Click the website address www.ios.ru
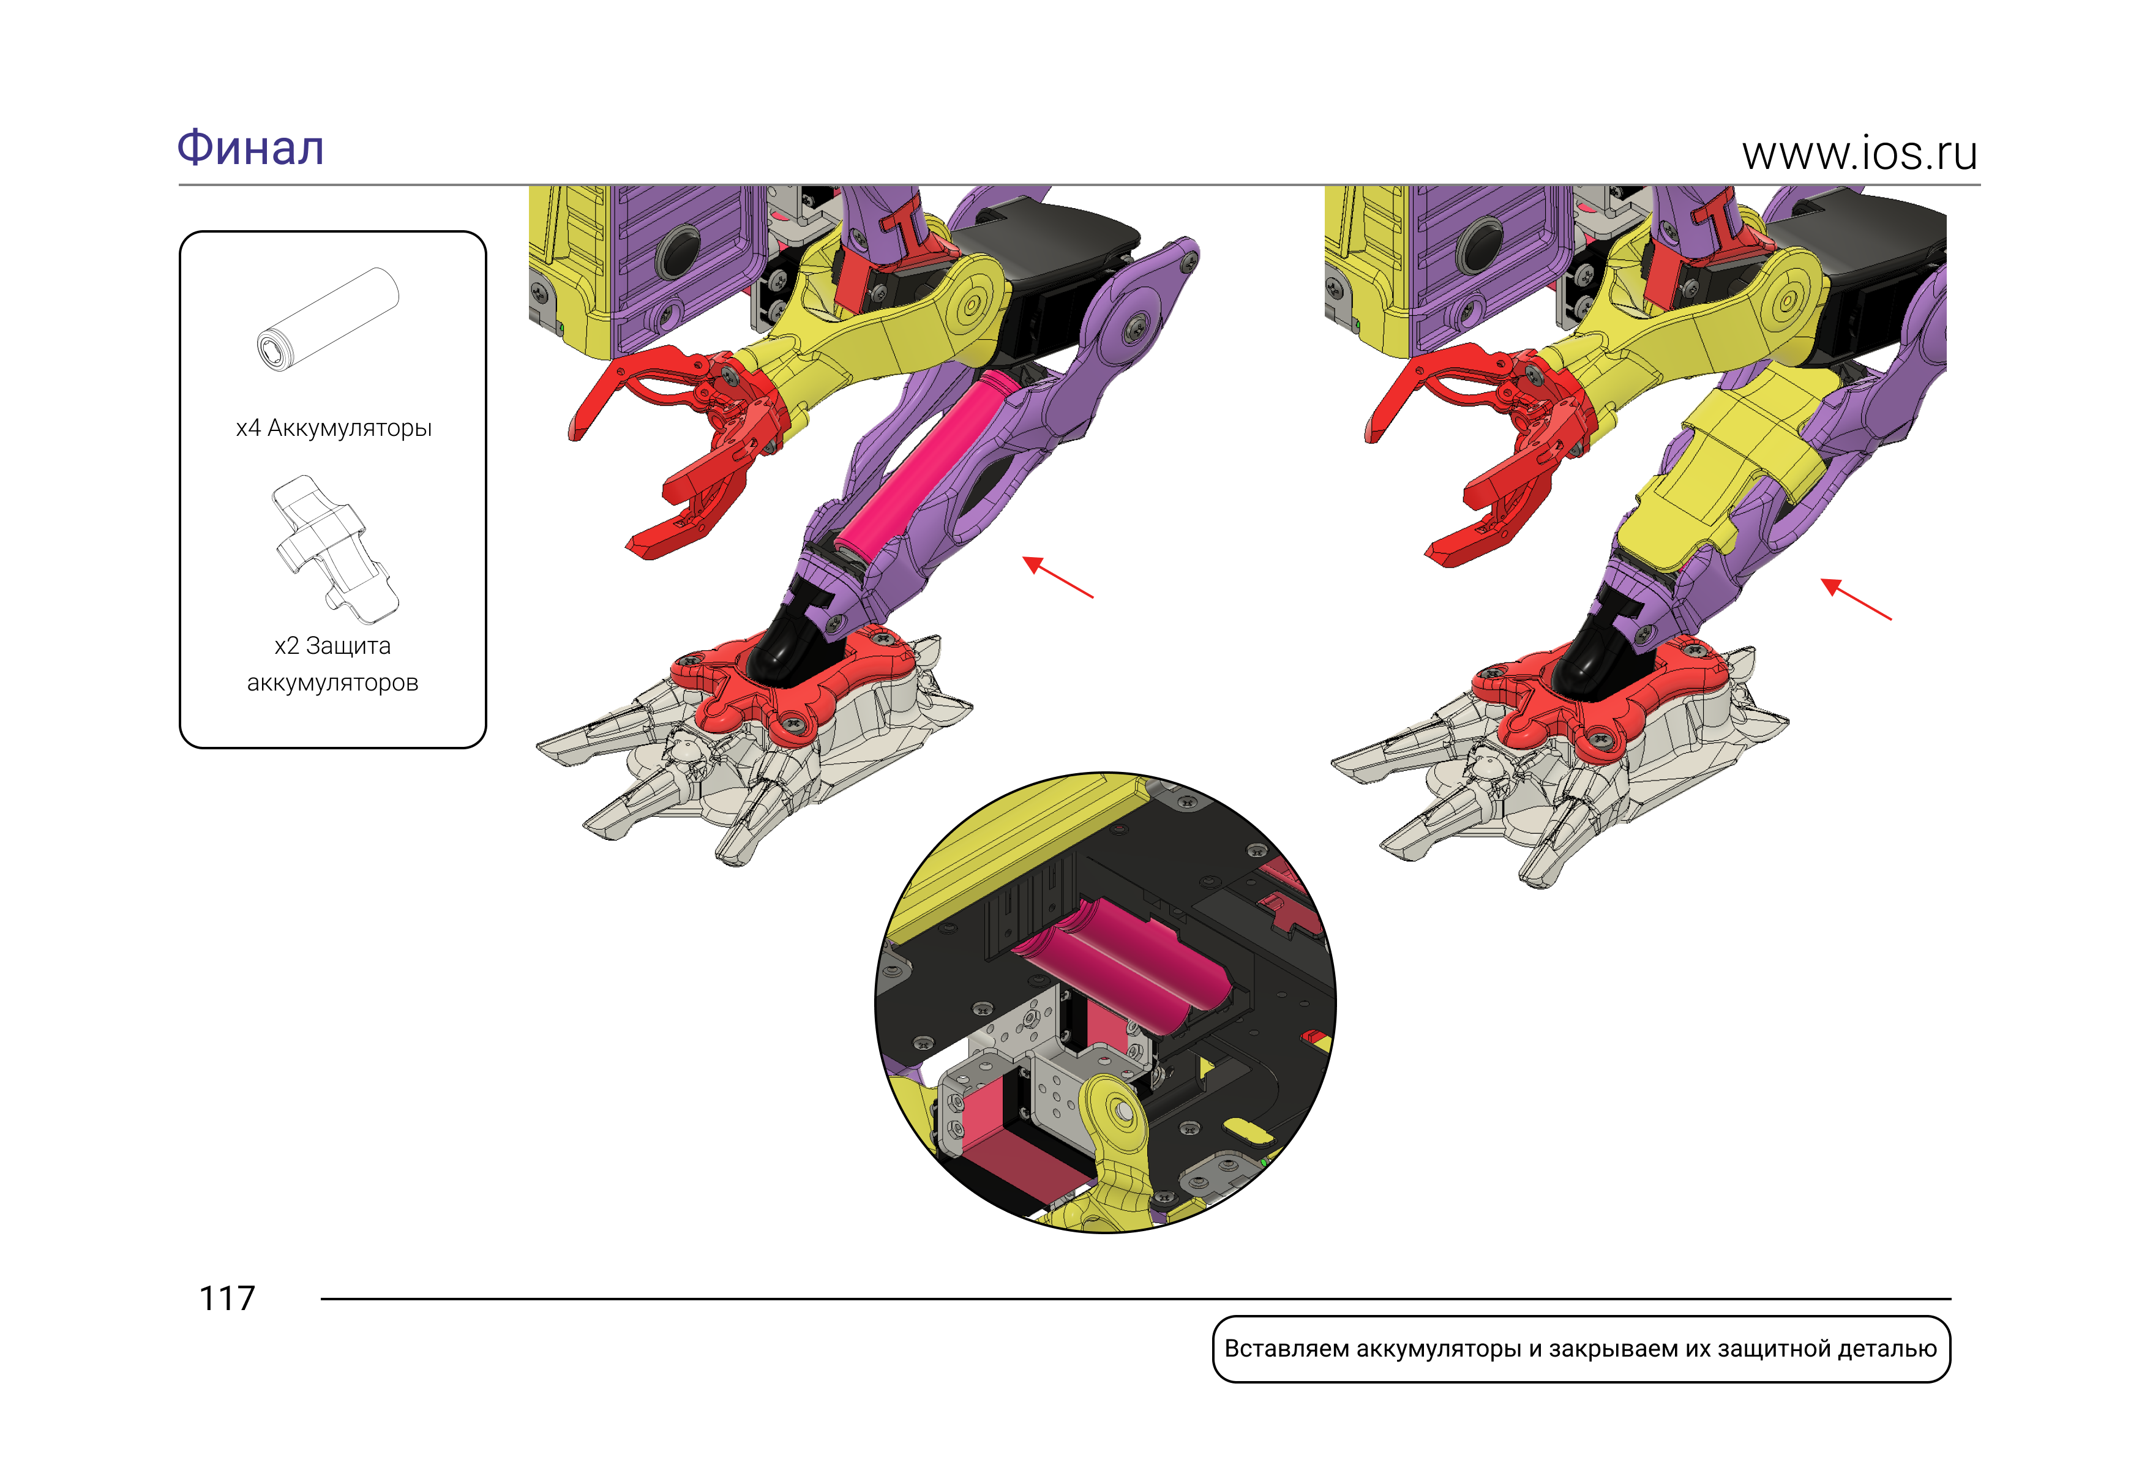tap(1859, 154)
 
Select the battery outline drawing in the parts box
tap(328, 320)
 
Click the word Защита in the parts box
tap(348, 646)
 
